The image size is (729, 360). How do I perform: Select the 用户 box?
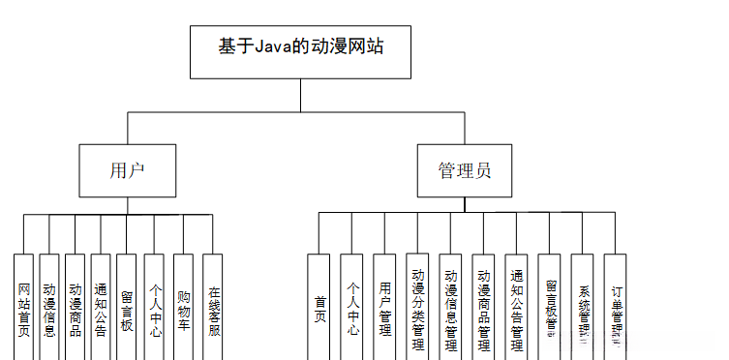coord(128,171)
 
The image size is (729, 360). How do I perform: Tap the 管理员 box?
coord(464,171)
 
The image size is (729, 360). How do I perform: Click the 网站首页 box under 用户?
coord(24,308)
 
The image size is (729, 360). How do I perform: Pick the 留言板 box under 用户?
coord(127,308)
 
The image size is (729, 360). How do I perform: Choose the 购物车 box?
coord(184,308)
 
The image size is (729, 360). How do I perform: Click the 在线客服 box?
coord(213,308)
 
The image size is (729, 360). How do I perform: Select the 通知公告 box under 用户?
coord(101,308)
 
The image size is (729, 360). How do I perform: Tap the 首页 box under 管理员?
coord(319,308)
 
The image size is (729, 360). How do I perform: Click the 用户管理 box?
coord(385,308)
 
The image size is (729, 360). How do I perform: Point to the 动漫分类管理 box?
coord(417,308)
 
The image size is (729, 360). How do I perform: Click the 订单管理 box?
coord(616,308)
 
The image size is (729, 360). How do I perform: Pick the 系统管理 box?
coord(582,308)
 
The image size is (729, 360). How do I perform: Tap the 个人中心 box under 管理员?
coord(352,308)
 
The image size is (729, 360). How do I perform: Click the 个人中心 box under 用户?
coord(155,308)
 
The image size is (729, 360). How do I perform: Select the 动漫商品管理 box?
coord(483,308)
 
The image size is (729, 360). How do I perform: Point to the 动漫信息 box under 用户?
coord(49,308)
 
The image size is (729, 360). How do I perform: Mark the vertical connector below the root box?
coord(300,95)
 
